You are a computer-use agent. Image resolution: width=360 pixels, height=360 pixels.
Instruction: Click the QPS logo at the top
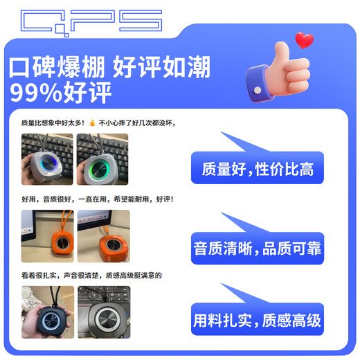(91, 21)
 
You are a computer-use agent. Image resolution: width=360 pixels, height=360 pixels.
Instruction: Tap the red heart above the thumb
(303, 39)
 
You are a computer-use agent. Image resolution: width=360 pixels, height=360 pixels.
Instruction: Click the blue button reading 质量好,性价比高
(258, 168)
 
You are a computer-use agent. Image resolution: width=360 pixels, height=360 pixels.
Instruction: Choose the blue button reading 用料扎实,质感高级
(258, 320)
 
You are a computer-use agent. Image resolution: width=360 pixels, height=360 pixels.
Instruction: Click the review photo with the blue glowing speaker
(47, 159)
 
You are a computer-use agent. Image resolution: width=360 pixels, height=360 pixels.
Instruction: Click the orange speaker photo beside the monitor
(47, 236)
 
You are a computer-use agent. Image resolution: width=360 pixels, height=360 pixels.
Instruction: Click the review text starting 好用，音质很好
(96, 199)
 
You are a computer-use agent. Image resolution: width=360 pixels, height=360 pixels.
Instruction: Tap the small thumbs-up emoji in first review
(91, 123)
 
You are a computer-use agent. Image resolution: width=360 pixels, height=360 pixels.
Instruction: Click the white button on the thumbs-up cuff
(257, 91)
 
